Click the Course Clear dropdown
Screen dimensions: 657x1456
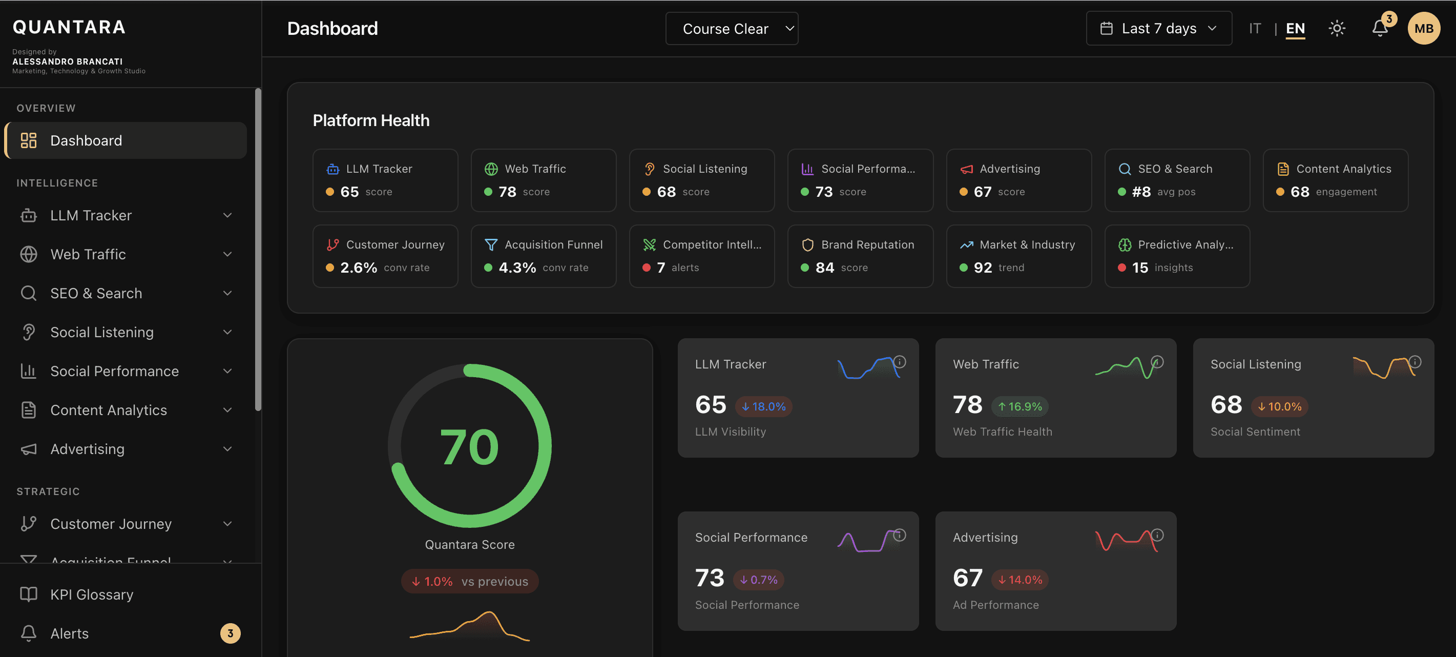click(732, 28)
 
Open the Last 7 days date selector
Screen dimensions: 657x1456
click(1159, 28)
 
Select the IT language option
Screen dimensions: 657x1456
click(1255, 28)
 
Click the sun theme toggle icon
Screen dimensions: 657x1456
click(1337, 28)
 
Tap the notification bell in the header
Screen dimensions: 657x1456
click(1380, 28)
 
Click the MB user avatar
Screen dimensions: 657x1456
click(1423, 28)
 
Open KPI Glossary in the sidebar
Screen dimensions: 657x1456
click(92, 594)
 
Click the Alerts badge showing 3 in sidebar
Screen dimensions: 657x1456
click(230, 633)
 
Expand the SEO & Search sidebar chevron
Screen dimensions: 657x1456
click(227, 293)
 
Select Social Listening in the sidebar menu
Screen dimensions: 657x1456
click(102, 332)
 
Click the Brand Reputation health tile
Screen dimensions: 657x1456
click(860, 256)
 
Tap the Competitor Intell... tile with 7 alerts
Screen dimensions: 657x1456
click(701, 256)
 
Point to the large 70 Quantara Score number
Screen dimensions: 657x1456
click(469, 447)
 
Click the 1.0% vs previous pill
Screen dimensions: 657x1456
click(469, 581)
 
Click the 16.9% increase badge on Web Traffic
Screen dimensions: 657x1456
click(1020, 406)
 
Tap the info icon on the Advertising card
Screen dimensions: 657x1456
click(1157, 535)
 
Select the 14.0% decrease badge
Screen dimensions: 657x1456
click(1020, 580)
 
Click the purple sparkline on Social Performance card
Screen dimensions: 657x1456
click(865, 542)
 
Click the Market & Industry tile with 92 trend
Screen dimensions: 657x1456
click(1018, 256)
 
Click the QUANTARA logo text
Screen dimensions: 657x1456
click(69, 27)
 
